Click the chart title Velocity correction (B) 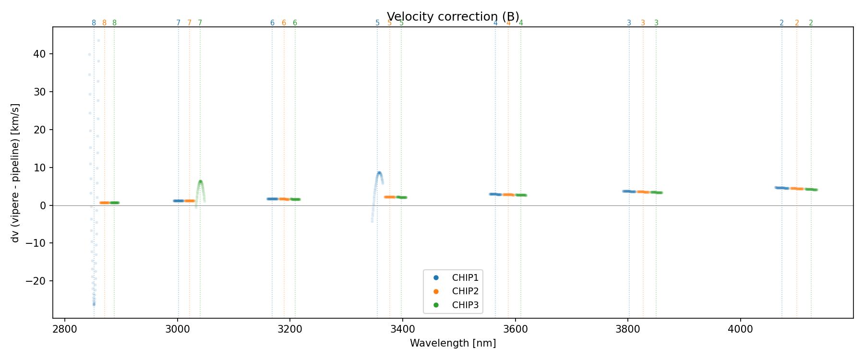point(453,17)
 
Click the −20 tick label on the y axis point(36,281)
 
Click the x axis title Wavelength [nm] point(453,343)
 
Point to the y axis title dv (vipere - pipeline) point(15,173)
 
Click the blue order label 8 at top point(94,23)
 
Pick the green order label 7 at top point(200,23)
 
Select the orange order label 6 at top point(284,23)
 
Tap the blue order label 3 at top point(629,23)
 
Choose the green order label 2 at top point(811,23)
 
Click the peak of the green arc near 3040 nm point(200,181)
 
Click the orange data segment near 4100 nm point(797,189)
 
